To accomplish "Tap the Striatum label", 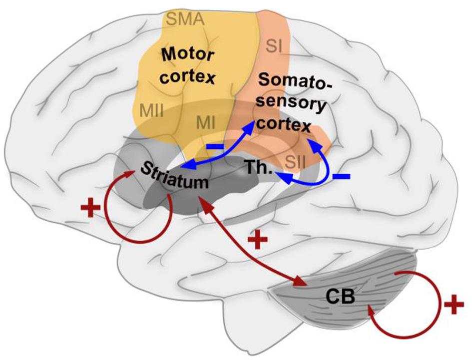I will pyautogui.click(x=174, y=176).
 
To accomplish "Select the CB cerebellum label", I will pyautogui.click(x=341, y=298).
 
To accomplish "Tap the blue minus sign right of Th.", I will pyautogui.click(x=341, y=177).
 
